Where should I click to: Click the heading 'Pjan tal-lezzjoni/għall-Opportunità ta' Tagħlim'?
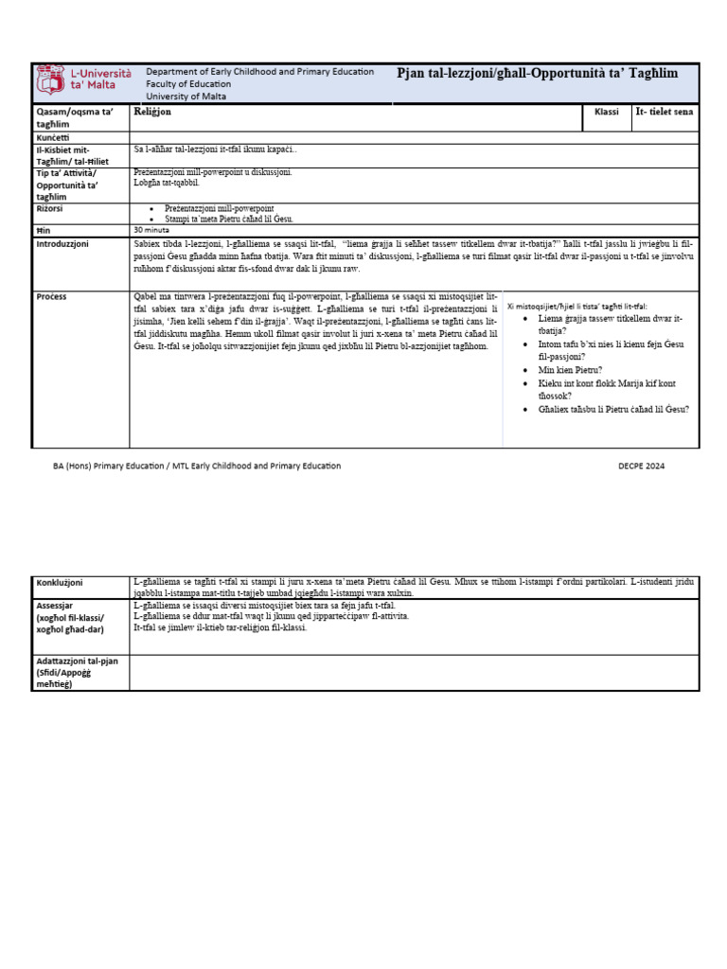[538, 74]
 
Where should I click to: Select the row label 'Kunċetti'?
[56, 138]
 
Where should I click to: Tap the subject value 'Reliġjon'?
[152, 112]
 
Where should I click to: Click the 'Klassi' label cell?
[606, 112]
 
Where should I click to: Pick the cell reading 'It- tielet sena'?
[665, 112]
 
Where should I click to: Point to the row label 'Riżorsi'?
[51, 209]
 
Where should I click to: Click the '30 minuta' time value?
[151, 230]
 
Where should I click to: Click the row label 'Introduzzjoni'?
[62, 243]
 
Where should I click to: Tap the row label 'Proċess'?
[51, 296]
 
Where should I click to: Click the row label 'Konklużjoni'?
[60, 582]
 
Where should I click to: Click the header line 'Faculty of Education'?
[189, 84]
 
